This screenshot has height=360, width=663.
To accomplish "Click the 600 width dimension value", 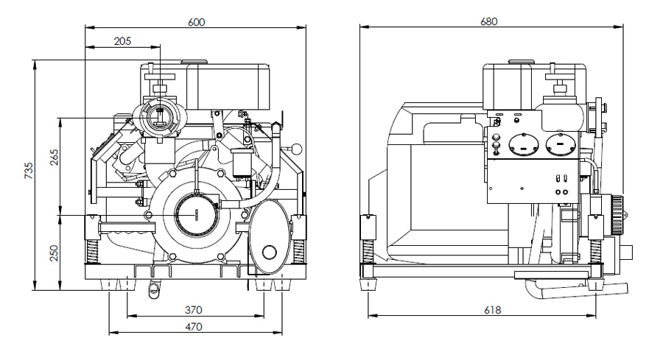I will click(x=196, y=22).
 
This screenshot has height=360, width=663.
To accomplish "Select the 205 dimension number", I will click(x=123, y=41).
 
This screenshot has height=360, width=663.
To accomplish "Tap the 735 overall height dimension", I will click(x=29, y=172).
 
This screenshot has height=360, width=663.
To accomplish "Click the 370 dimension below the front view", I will click(x=194, y=310).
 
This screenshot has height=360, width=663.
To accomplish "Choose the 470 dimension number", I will click(x=194, y=326).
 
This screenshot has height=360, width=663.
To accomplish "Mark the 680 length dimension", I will click(x=489, y=22).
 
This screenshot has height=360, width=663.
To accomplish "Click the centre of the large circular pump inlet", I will click(x=197, y=213).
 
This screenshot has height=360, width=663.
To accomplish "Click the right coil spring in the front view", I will click(x=298, y=249).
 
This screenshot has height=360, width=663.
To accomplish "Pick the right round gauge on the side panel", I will click(x=561, y=144).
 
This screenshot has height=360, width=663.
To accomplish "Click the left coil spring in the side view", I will click(x=366, y=249).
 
